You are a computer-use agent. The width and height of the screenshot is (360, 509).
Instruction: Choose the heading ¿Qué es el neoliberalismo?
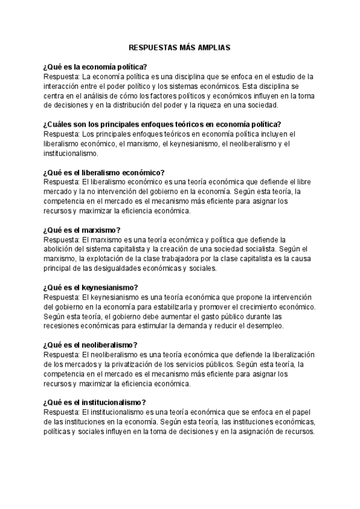[x=91, y=345]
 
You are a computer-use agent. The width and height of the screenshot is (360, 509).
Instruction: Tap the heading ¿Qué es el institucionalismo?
[x=95, y=402]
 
